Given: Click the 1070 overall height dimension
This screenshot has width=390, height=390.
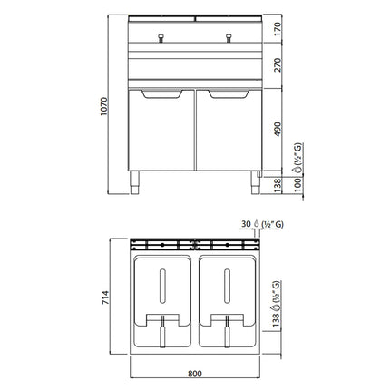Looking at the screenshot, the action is pyautogui.click(x=103, y=106).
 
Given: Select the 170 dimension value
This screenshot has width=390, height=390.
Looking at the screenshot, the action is pyautogui.click(x=278, y=29).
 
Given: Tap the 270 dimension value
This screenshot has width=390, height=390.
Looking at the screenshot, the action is pyautogui.click(x=278, y=65).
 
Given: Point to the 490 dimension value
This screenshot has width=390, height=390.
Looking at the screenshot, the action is pyautogui.click(x=278, y=129).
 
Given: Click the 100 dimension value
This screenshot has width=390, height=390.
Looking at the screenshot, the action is pyautogui.click(x=297, y=185).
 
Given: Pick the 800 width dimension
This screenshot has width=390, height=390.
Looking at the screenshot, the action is pyautogui.click(x=195, y=374).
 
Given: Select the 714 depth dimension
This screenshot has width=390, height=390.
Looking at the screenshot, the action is pyautogui.click(x=105, y=297).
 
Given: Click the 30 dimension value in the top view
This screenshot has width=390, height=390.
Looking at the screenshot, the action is pyautogui.click(x=246, y=224).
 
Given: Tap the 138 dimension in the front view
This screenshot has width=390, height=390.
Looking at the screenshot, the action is pyautogui.click(x=278, y=186).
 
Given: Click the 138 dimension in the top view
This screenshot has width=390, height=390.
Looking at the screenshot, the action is pyautogui.click(x=276, y=320).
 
